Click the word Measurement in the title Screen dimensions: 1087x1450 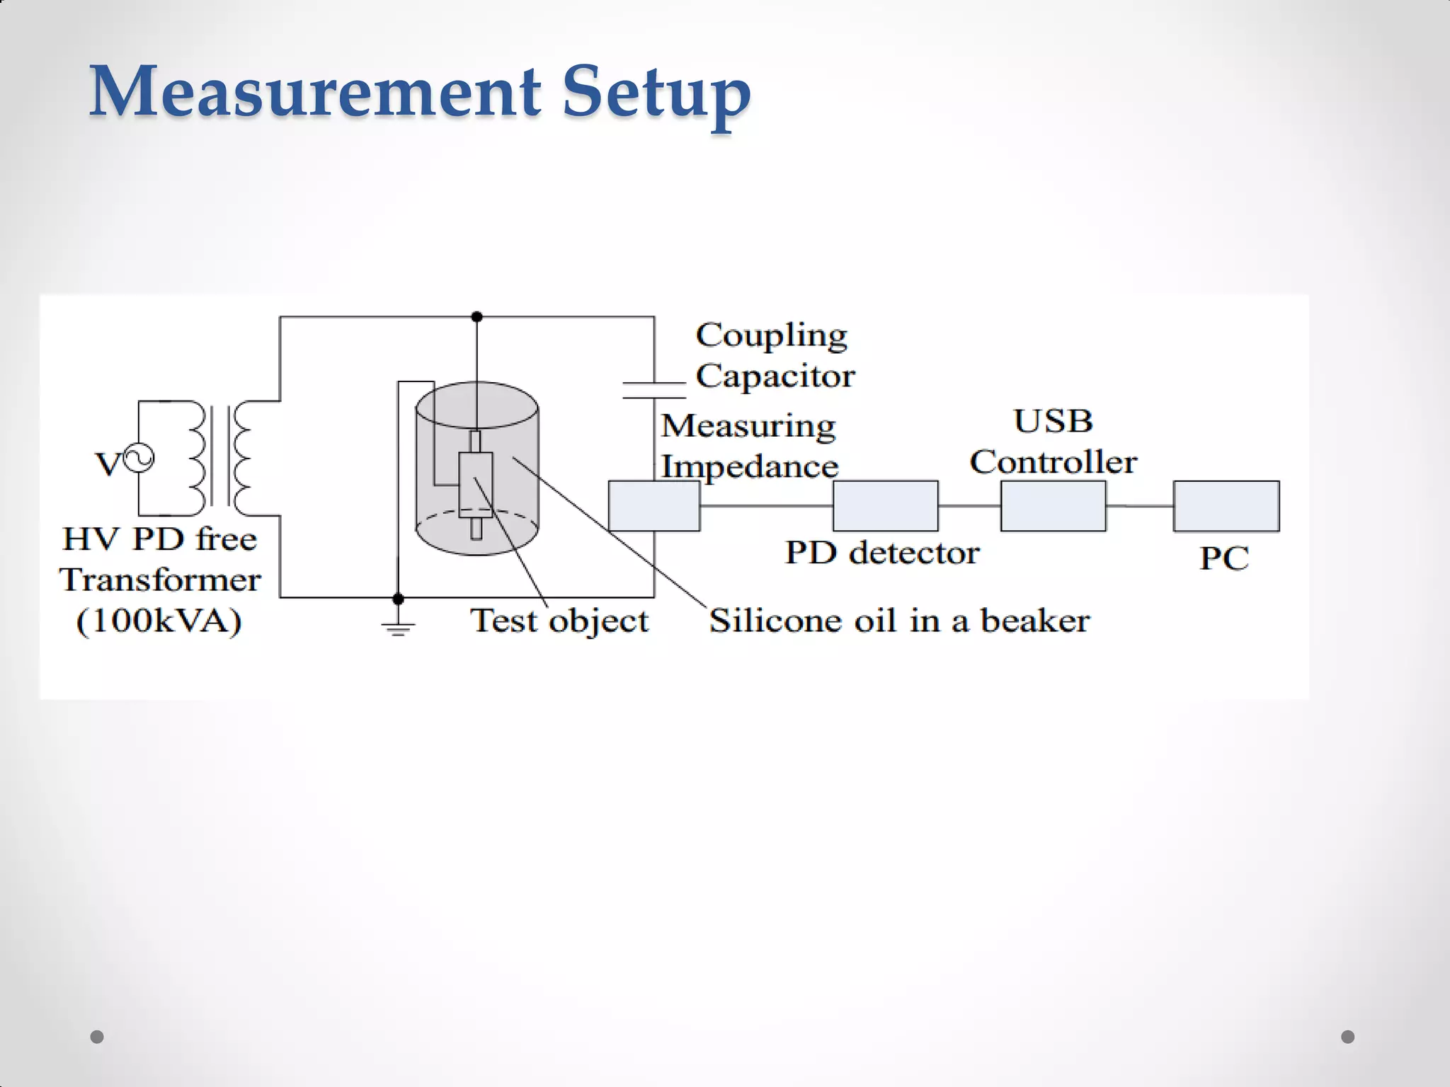tap(315, 92)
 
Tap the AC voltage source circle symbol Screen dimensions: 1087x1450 tap(139, 458)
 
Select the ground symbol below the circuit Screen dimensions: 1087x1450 tap(398, 626)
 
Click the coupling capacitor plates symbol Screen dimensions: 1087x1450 tap(654, 390)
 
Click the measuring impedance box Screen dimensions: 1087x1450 tap(654, 506)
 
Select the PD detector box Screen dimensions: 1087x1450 tap(885, 506)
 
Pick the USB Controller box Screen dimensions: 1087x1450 tap(1053, 506)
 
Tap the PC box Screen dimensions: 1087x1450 tap(1226, 506)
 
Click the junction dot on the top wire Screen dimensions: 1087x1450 tap(477, 316)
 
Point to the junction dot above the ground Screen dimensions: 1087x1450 tap(398, 599)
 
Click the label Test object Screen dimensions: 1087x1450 tap(559, 621)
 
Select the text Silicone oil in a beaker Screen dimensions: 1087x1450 tap(899, 621)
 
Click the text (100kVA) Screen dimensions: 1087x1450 tap(159, 621)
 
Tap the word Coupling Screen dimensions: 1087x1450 tap(771, 335)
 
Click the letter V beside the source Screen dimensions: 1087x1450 tap(108, 465)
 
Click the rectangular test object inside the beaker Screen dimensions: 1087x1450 tap(476, 485)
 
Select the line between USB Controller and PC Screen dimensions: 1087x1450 tap(1139, 506)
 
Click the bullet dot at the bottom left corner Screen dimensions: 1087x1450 tap(97, 1037)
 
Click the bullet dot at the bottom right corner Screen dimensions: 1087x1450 tap(1348, 1037)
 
